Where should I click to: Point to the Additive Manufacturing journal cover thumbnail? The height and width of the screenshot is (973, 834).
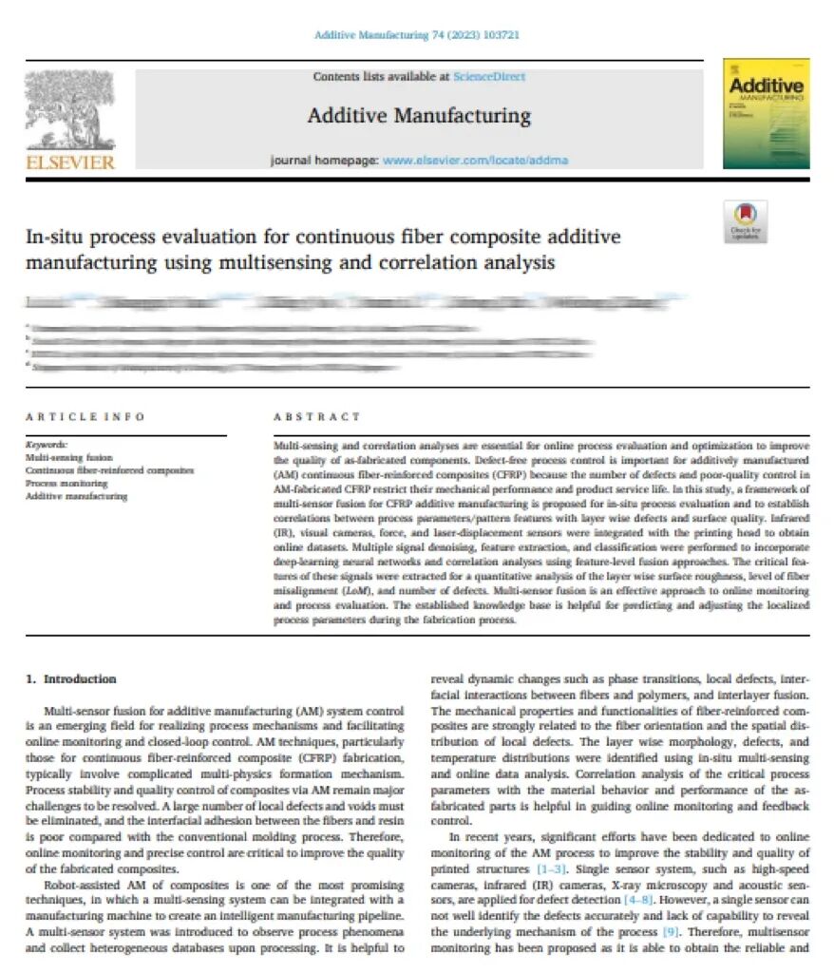766,113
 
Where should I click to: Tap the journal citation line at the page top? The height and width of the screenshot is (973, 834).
416,35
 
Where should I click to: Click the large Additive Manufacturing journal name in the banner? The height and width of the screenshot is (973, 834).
419,116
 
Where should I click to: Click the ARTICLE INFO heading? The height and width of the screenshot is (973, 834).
85,416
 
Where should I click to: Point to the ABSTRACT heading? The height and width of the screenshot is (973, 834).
317,416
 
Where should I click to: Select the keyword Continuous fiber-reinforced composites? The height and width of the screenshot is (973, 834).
109,470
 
